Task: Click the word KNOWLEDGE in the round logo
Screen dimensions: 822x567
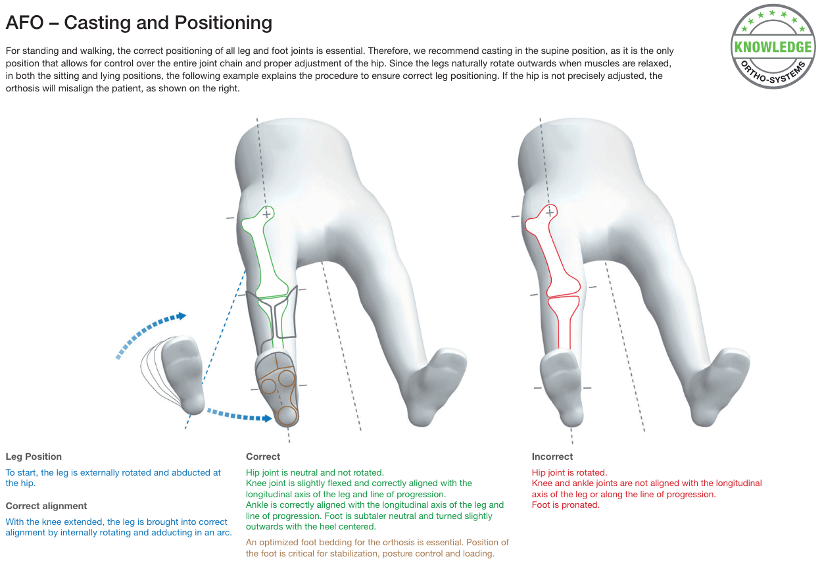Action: point(773,47)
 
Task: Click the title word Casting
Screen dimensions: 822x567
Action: point(97,23)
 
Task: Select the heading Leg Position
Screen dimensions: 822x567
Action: point(34,456)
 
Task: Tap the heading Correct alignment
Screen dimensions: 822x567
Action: point(46,506)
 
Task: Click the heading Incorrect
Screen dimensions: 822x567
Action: point(552,456)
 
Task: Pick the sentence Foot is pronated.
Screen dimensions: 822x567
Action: point(566,505)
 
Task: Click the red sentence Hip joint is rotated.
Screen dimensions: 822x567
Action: point(569,472)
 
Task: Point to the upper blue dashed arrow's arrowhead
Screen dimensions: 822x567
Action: point(181,316)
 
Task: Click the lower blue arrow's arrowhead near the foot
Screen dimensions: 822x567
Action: point(267,418)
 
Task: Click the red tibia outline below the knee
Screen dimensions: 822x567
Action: point(564,322)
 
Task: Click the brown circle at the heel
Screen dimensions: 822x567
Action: point(287,416)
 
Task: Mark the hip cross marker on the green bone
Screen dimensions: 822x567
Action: point(267,214)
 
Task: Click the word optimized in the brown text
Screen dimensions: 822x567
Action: point(279,543)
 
